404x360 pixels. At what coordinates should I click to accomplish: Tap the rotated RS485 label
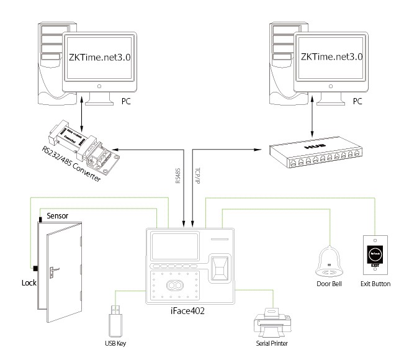pos(177,178)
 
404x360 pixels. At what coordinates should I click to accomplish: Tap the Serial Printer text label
pos(271,343)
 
